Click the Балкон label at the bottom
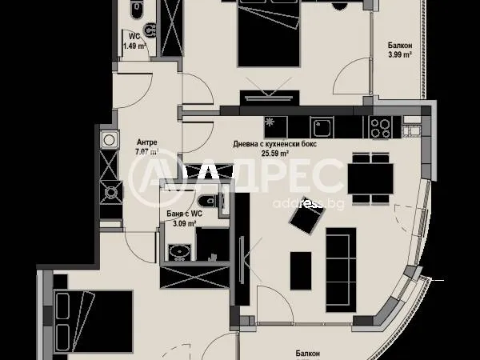tap(307, 352)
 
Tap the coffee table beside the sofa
tap(301, 268)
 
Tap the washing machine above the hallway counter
tap(109, 141)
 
